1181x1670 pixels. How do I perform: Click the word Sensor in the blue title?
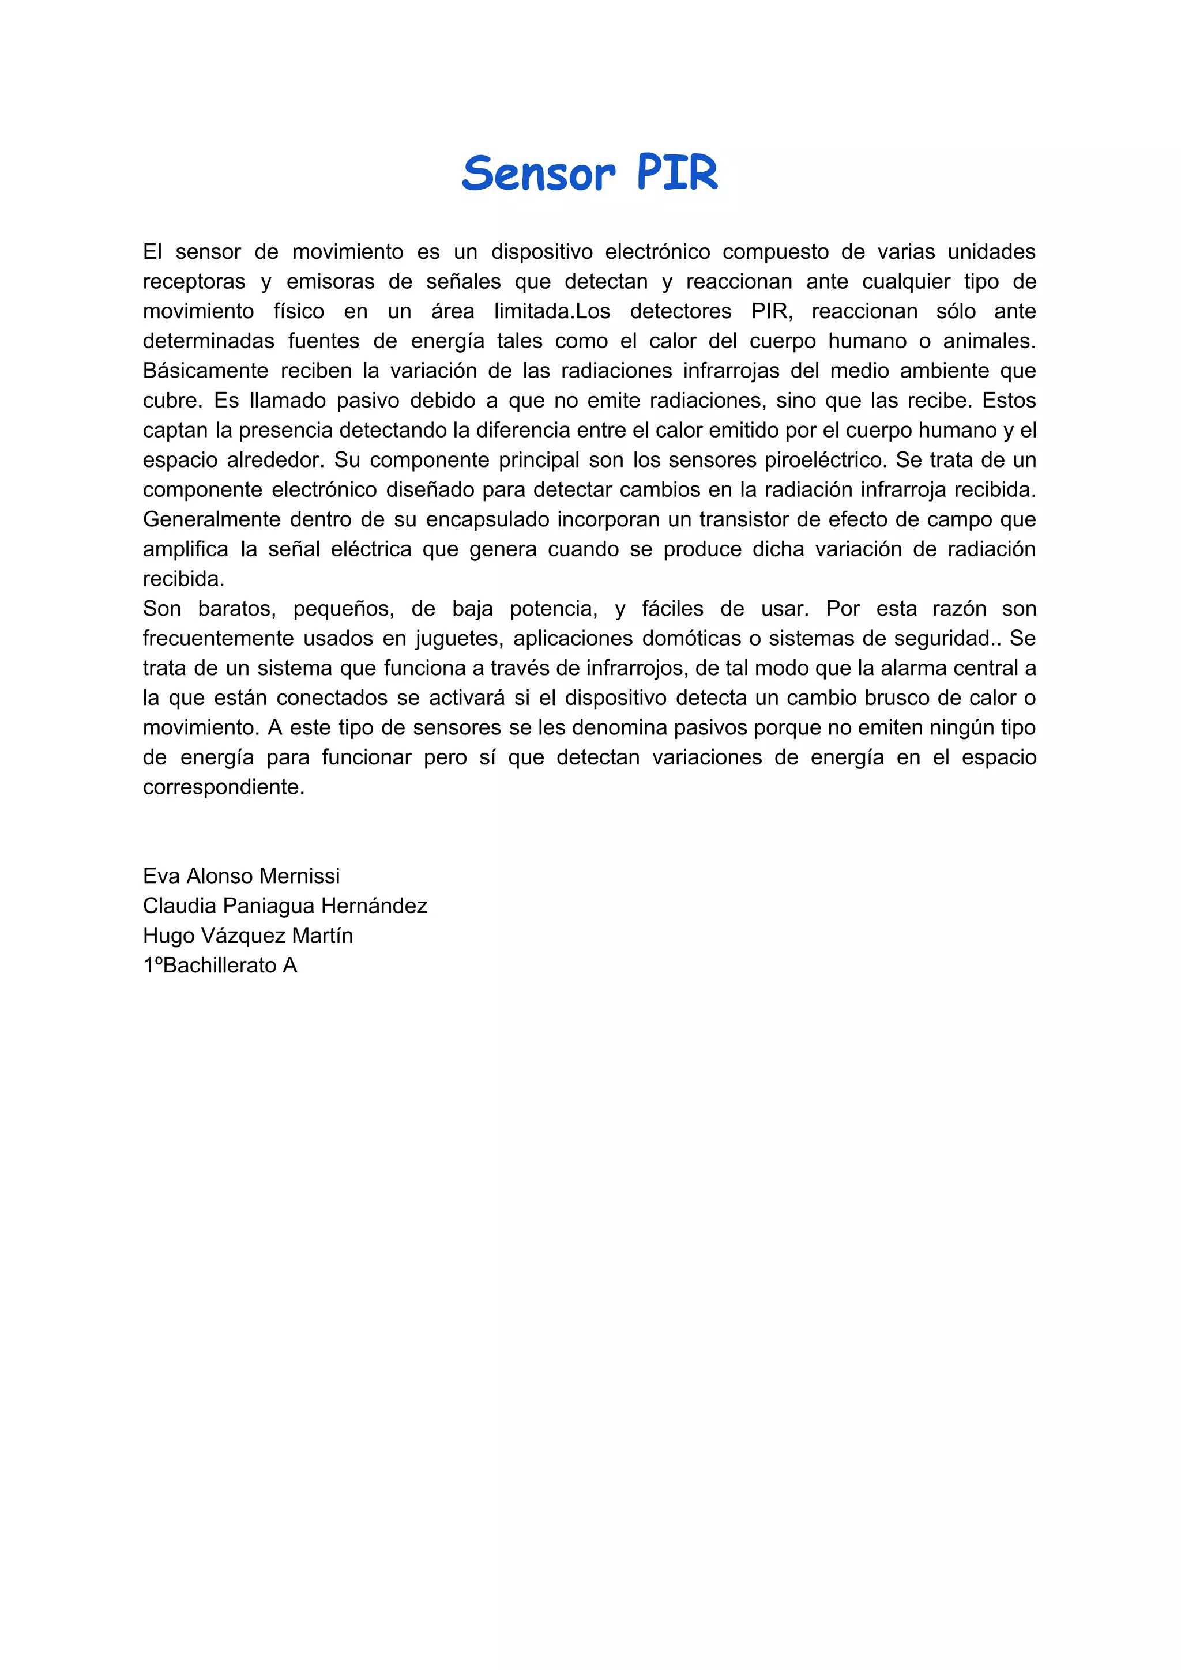538,175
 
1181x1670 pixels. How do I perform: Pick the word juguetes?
458,639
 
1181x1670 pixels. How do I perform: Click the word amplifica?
186,549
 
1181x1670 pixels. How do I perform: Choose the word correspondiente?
223,787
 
